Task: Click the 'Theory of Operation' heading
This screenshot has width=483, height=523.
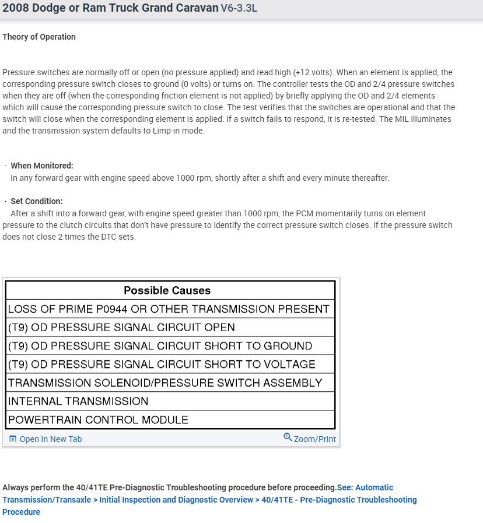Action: pos(39,37)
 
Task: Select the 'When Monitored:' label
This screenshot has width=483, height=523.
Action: pos(42,166)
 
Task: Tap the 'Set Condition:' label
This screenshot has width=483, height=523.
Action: pos(36,201)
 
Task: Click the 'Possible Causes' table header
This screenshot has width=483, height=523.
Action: pos(167,290)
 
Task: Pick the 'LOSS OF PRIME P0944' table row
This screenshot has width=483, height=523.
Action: pos(169,309)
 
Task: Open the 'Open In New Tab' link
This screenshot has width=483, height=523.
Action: pos(51,439)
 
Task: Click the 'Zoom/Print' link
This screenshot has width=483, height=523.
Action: pos(315,439)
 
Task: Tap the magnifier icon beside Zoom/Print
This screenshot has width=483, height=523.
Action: pos(288,437)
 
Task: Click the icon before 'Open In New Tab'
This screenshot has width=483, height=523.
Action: pos(13,439)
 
